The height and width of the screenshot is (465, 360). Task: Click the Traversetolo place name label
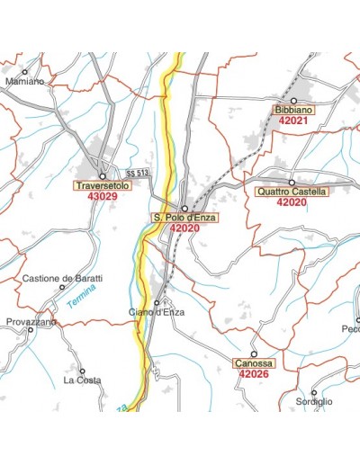point(103,186)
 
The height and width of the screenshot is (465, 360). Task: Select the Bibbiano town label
point(293,110)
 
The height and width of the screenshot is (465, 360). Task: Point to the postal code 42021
point(293,120)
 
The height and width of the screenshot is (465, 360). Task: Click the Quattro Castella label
point(292,192)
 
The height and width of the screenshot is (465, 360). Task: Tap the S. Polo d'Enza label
point(184,218)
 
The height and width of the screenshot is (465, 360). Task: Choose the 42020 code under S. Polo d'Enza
point(184,228)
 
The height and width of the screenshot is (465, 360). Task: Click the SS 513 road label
point(137,173)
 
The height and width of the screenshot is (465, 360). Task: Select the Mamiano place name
point(23,81)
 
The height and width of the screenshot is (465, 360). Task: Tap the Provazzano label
point(31,321)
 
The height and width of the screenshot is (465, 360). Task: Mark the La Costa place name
point(82,380)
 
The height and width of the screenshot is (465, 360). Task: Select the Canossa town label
point(254,363)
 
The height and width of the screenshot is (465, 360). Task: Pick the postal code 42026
point(255,373)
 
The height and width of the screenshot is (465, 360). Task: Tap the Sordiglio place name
point(314,401)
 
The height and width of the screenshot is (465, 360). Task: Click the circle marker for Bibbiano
point(293,101)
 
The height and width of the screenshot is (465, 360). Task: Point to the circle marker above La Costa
point(82,371)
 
